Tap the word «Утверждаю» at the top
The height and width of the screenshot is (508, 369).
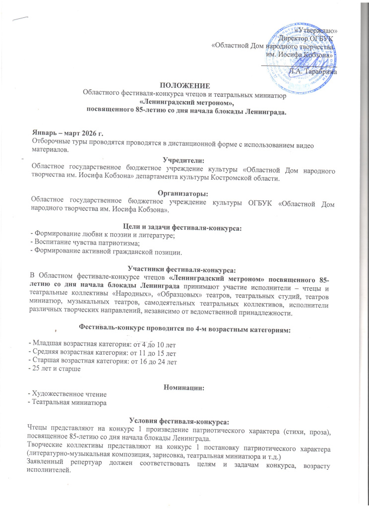(x=316, y=31)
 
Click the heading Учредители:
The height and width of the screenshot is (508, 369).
(x=184, y=160)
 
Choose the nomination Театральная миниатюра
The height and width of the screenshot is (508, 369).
(x=69, y=401)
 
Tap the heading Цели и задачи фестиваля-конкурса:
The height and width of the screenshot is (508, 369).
(x=184, y=227)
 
